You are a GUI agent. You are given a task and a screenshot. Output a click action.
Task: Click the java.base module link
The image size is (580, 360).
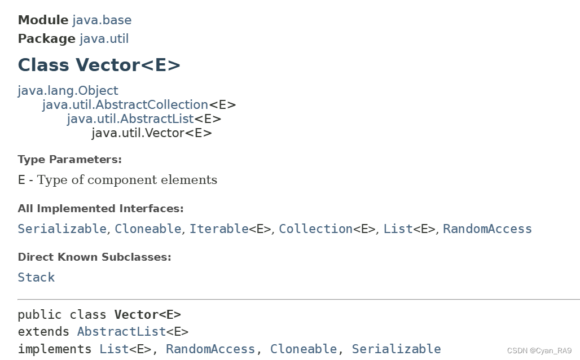point(102,20)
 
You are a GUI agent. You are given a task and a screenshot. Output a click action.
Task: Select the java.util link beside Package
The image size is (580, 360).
point(104,39)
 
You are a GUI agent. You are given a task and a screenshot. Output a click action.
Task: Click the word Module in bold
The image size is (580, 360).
point(43,20)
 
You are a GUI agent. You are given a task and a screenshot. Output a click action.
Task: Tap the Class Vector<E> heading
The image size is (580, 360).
point(99,65)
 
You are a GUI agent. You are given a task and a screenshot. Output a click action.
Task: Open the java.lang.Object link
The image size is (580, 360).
point(68,91)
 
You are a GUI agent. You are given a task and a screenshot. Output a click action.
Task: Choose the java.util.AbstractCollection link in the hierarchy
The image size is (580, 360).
point(125,105)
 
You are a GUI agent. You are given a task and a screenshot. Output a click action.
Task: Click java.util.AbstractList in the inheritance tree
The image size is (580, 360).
point(130,119)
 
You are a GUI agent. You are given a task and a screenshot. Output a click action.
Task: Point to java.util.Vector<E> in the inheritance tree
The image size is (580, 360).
point(152,133)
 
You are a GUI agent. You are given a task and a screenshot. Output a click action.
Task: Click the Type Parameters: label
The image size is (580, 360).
point(69,160)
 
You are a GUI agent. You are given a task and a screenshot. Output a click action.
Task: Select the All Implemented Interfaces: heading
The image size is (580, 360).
point(100,209)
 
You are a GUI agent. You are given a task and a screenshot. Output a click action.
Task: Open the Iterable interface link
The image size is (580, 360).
point(219,229)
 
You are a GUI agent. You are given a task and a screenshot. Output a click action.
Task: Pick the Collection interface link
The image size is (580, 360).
point(315,229)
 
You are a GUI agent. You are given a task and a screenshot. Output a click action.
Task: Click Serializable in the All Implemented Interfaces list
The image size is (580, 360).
point(62,229)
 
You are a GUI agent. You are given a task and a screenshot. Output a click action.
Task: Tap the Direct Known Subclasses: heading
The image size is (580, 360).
point(94,257)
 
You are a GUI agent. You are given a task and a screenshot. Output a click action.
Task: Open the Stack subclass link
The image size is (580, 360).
point(36,278)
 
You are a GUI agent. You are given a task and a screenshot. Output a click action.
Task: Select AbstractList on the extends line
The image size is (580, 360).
point(121,332)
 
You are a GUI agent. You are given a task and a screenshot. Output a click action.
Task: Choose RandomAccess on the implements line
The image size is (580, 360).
point(210,349)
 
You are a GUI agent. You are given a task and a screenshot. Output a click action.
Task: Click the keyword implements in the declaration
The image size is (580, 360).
point(55,349)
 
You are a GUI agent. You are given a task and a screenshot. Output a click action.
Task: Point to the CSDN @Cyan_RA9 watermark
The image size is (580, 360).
point(539,350)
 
